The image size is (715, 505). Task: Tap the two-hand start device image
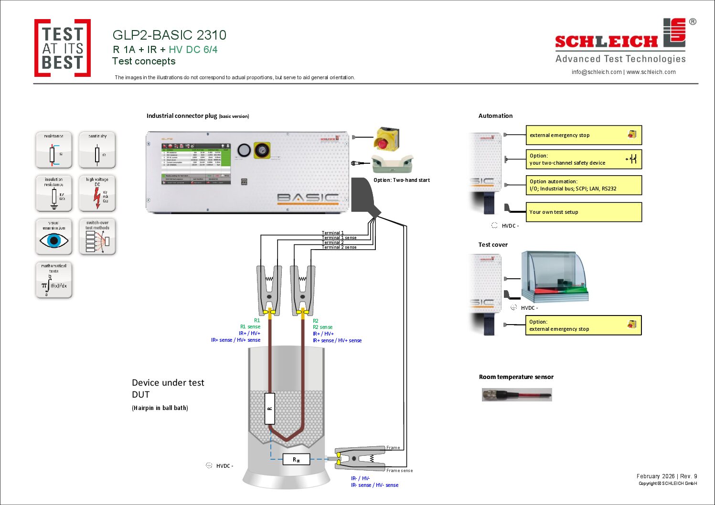[392, 164]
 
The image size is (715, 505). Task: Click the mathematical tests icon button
[54, 280]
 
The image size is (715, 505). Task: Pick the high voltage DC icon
[97, 193]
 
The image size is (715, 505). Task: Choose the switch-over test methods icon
[97, 237]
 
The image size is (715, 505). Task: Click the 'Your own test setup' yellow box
[583, 212]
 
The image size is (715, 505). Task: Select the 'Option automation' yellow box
[583, 185]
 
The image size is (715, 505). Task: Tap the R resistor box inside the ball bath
[270, 409]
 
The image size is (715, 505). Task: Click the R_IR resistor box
[296, 459]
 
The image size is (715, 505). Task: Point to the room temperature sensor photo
[517, 395]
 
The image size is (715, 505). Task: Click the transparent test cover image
[554, 277]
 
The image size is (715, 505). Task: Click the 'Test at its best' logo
[63, 48]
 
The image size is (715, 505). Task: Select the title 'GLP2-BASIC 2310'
[169, 35]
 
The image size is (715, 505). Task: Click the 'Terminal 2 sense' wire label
[339, 247]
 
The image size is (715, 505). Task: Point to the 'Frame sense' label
[399, 471]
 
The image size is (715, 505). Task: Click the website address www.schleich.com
[651, 72]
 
